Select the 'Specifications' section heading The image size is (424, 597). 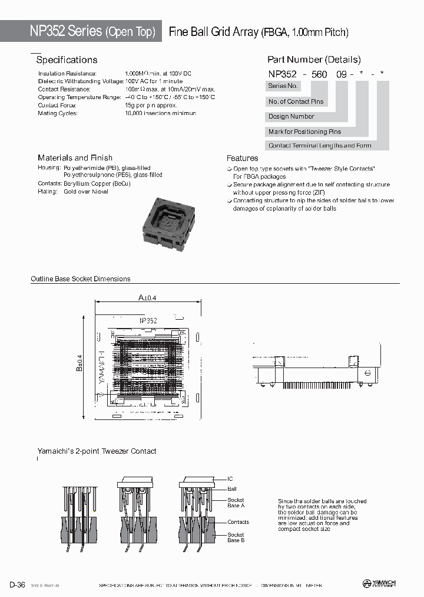pos(67,60)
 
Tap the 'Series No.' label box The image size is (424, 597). pos(282,86)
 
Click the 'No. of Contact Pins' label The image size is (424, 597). pos(296,101)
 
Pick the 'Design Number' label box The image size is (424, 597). pos(291,117)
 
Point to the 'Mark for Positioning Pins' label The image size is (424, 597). pos(304,132)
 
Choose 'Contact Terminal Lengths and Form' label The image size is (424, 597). pos(320,146)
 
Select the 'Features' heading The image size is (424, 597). pos(242,158)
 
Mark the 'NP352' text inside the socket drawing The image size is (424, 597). pos(148,320)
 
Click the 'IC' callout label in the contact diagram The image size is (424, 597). pos(231,479)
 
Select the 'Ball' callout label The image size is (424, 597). pos(232,489)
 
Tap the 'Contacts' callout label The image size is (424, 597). pos(238,522)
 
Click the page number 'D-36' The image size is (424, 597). pos(16,585)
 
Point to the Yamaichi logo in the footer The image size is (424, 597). pos(379,584)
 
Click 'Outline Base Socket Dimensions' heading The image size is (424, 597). pos(81,278)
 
